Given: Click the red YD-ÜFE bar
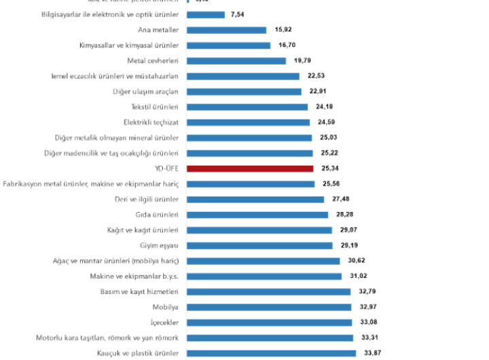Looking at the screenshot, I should click(x=249, y=168).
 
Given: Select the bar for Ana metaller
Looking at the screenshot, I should click(x=225, y=30).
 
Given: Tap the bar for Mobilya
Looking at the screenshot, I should click(x=268, y=306).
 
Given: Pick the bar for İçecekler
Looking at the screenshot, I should click(x=268, y=322).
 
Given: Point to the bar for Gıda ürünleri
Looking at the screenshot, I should click(x=258, y=215).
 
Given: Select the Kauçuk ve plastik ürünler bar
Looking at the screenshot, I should click(x=270, y=353).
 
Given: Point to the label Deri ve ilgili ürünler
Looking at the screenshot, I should click(x=147, y=199).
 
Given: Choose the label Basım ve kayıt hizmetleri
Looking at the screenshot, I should click(x=141, y=291).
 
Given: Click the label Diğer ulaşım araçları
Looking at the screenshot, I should click(x=145, y=91).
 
